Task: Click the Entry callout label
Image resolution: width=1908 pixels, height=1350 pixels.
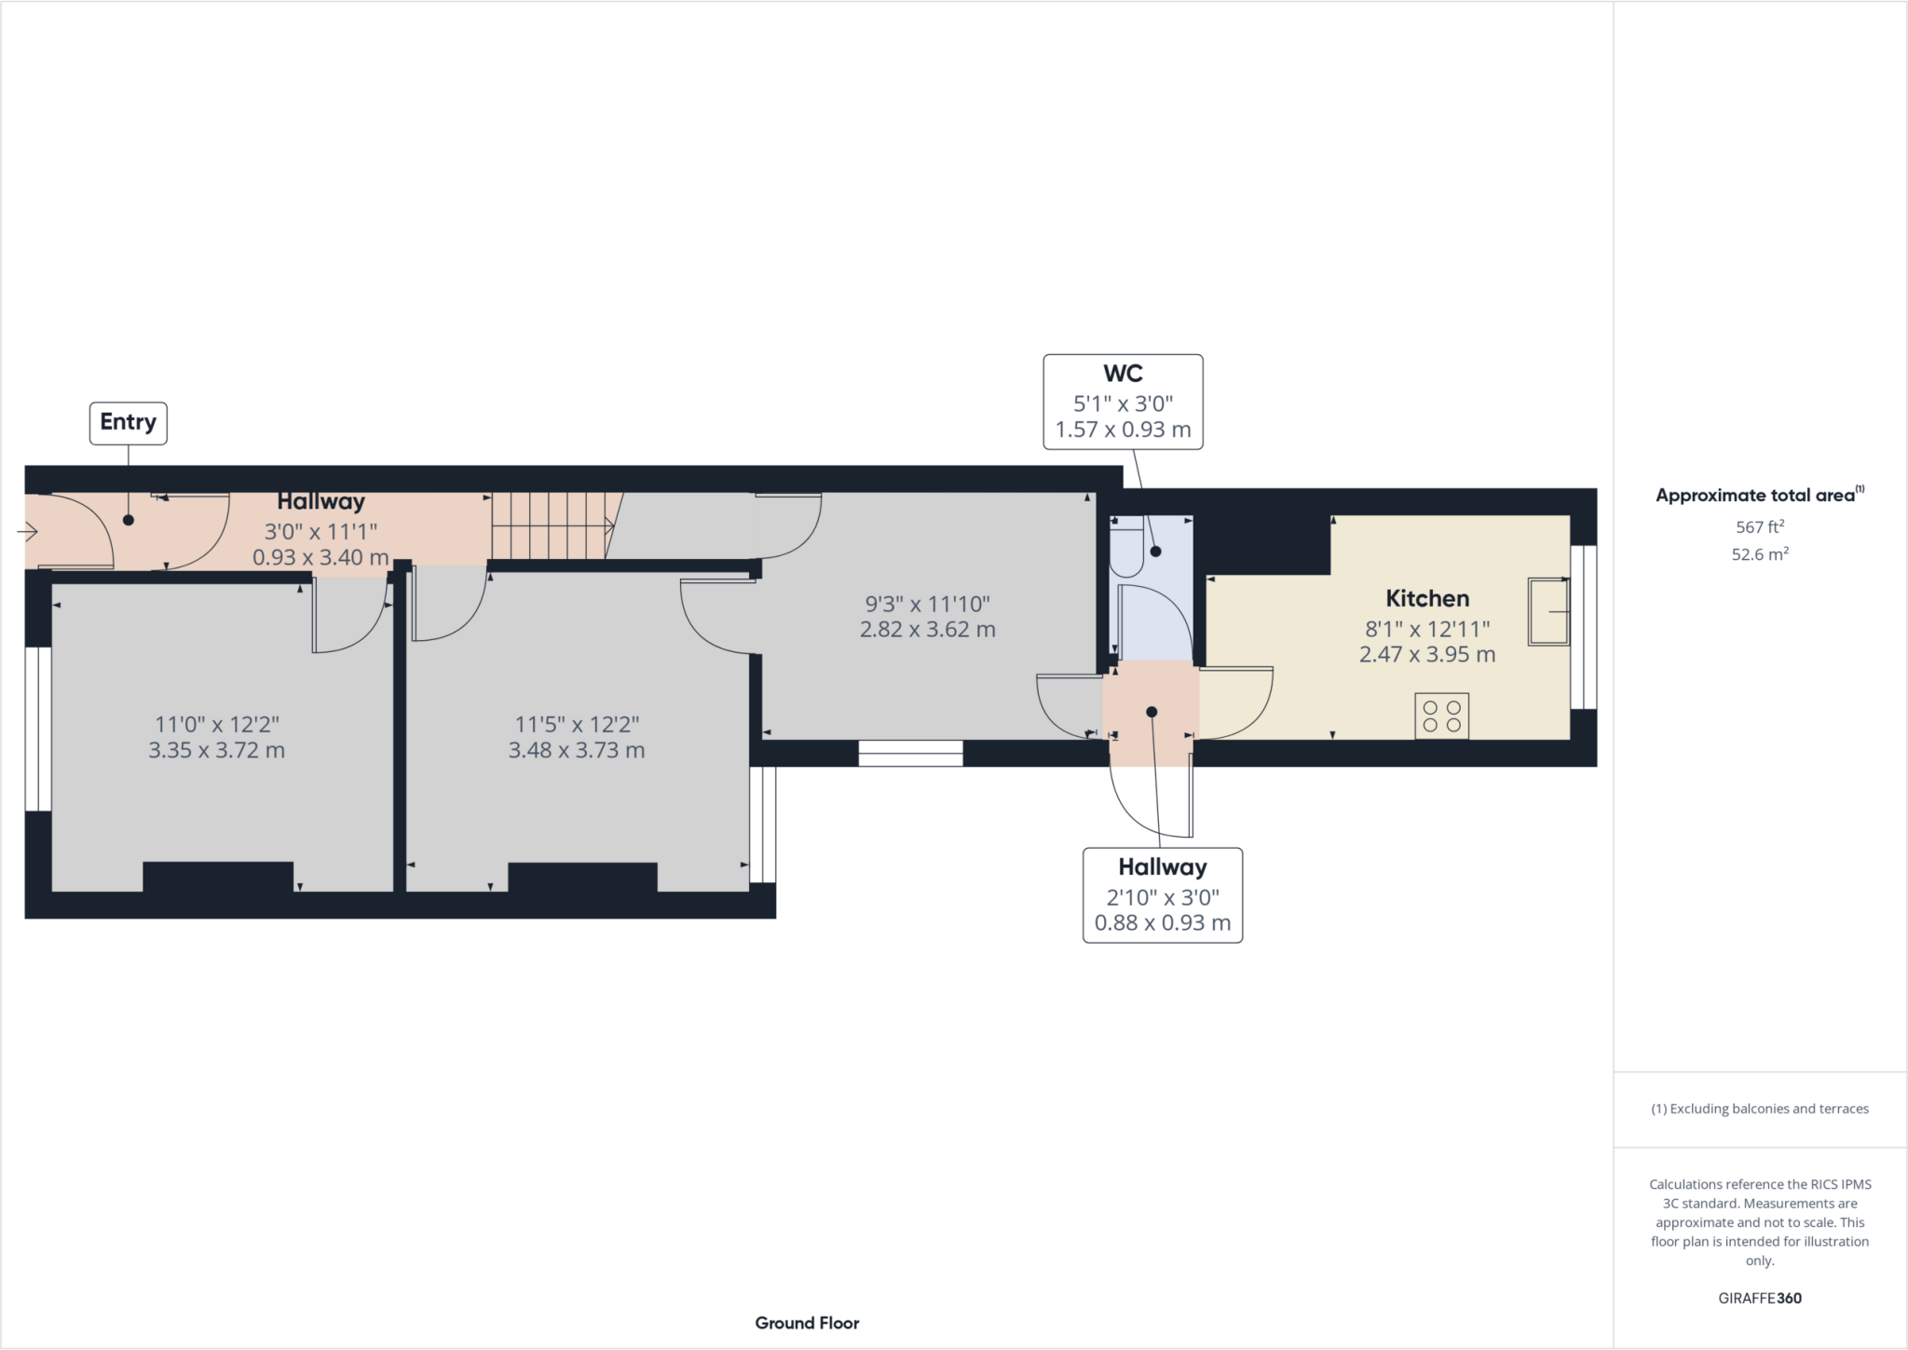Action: (128, 422)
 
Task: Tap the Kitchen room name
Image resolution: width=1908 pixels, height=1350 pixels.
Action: (1426, 598)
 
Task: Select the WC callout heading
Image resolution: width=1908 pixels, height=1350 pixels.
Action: (1123, 374)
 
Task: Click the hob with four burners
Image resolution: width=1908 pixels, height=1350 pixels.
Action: (1441, 716)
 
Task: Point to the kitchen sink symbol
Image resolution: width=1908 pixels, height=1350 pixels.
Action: (1548, 611)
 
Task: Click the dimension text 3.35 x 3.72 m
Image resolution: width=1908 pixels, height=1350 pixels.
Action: (216, 750)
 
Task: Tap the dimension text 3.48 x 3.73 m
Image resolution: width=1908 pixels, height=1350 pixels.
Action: (576, 750)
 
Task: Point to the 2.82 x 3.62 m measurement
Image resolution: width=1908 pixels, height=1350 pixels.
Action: (927, 629)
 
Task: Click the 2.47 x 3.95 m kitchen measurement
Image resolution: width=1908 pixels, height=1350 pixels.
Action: (1426, 654)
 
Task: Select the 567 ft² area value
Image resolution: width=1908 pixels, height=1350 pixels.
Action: (1759, 526)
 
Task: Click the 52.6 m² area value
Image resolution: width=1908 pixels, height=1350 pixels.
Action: (1759, 554)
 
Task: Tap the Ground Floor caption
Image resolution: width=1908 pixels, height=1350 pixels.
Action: (807, 1322)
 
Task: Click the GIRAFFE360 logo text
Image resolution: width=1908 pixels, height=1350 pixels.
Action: (1759, 1298)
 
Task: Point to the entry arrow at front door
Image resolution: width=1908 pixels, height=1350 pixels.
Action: (27, 532)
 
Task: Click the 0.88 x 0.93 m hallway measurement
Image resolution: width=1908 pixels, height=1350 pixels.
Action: (1162, 922)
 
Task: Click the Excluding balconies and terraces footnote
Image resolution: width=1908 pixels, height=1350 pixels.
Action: (1759, 1109)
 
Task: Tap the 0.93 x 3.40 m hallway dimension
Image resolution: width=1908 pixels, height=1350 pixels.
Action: (320, 557)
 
